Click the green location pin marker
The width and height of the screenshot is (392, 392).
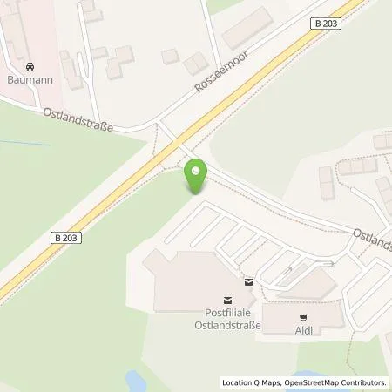point(196,179)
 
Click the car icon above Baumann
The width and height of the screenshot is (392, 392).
point(30,66)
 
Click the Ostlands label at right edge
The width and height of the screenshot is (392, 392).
point(372,239)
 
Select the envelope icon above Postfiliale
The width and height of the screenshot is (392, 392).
point(249,281)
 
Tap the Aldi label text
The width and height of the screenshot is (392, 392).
point(302,330)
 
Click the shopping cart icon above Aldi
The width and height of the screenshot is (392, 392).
point(302,317)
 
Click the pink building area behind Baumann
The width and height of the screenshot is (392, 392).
point(26,35)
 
